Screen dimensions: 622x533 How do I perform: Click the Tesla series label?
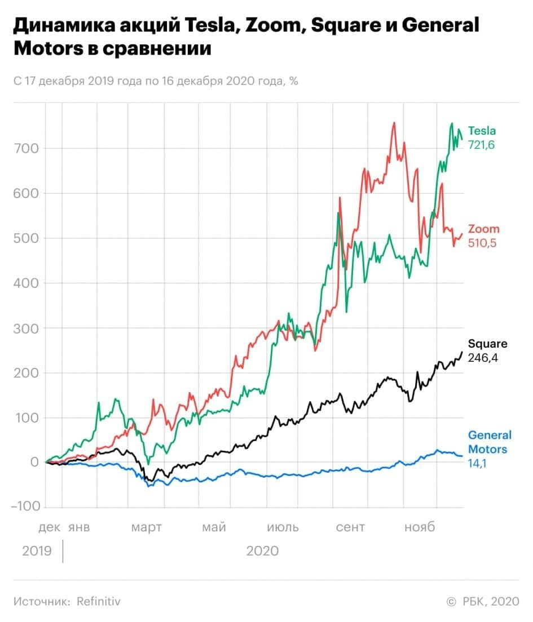482,131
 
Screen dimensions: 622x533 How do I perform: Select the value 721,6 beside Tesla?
482,145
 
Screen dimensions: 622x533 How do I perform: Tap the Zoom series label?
484,229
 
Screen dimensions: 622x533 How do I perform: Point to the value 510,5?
483,243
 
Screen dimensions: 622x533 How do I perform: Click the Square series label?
487,344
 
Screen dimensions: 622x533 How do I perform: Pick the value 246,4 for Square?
484,358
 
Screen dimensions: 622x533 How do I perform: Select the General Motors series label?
490,442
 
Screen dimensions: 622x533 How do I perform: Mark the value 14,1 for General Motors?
477,464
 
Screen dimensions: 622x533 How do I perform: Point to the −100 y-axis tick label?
25,507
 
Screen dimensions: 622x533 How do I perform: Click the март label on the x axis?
147,527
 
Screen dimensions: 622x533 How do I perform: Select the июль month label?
283,527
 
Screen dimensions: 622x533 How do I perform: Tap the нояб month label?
420,527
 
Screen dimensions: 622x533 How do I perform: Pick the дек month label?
49,527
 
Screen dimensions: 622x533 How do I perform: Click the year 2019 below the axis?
37,550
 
